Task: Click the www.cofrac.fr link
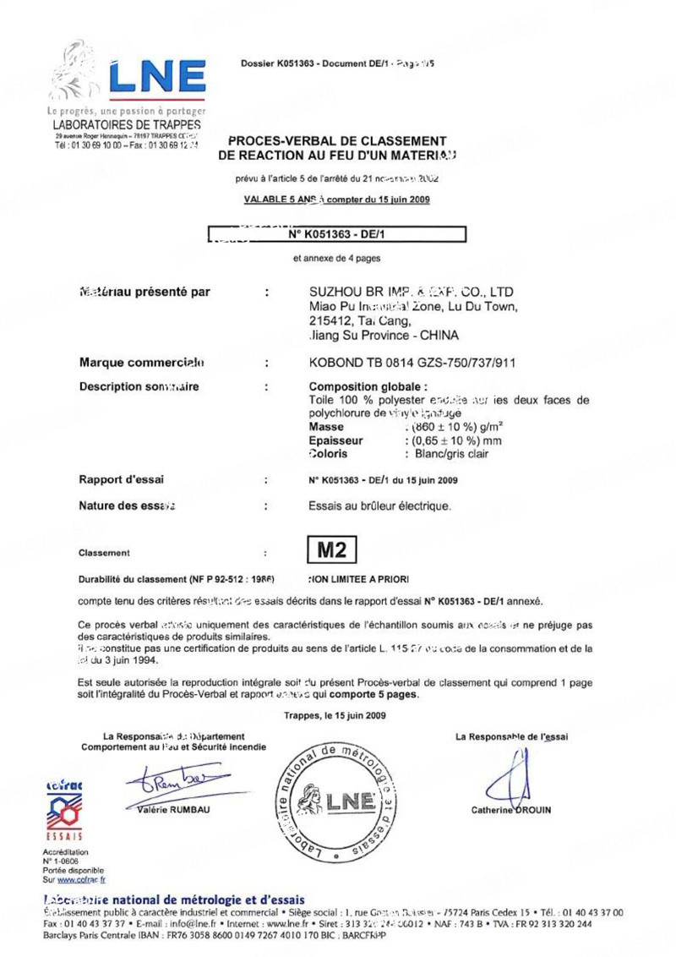click(x=76, y=879)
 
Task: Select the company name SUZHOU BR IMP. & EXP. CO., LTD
click(x=412, y=292)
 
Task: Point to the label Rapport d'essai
click(x=121, y=479)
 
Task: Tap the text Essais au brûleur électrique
click(x=380, y=507)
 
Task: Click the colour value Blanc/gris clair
click(x=447, y=454)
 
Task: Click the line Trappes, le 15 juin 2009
click(x=335, y=715)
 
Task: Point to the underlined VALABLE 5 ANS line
click(x=336, y=200)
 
